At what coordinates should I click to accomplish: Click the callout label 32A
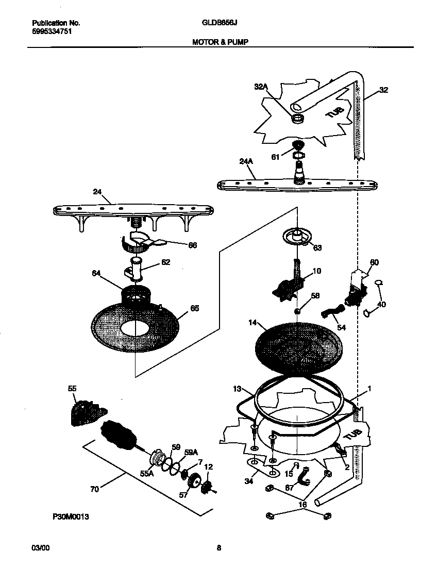coord(261,88)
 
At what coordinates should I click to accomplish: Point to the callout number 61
coord(275,157)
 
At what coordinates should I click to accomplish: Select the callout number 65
coord(194,308)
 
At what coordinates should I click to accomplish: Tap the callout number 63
coord(317,247)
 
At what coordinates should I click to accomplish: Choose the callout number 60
coord(374,262)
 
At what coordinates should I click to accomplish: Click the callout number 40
coord(381,304)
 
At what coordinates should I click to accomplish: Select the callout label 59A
coord(191,452)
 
